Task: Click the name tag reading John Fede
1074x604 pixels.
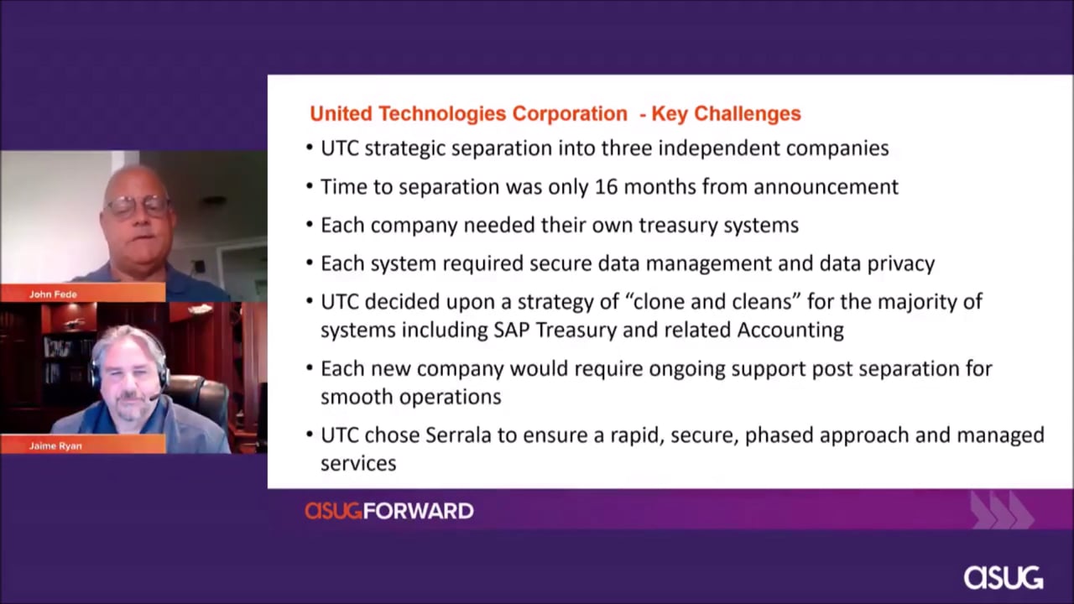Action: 53,294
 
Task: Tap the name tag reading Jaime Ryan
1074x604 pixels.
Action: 55,445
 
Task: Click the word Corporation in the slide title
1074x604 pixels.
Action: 570,113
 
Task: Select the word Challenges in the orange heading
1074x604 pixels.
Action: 748,113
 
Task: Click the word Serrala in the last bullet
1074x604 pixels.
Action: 458,435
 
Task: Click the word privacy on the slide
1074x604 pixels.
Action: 901,263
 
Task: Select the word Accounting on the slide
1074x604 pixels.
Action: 790,330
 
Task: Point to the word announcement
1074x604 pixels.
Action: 826,187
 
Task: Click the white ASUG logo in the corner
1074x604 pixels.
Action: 1004,578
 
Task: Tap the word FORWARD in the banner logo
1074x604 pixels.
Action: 419,511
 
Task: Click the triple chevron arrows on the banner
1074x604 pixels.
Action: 1001,509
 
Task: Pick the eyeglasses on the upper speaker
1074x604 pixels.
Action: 138,206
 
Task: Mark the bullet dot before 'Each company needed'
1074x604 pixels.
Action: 310,224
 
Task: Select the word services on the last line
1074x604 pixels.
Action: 358,464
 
